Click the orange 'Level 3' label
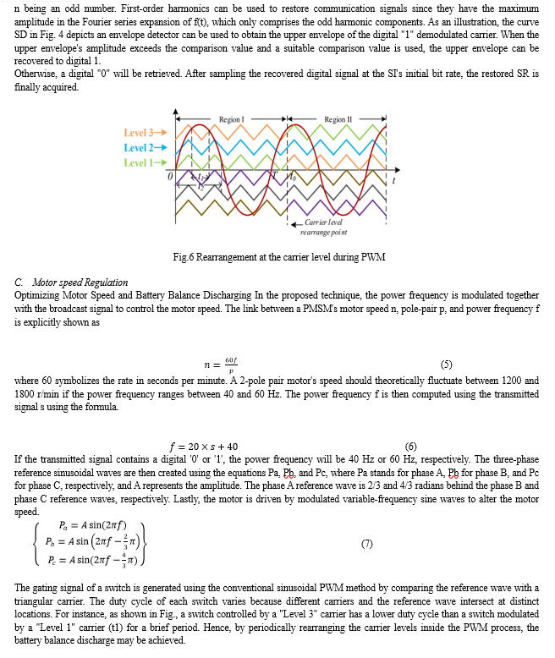pyautogui.click(x=145, y=132)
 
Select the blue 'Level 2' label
pyautogui.click(x=145, y=147)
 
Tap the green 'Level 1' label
pyautogui.click(x=145, y=162)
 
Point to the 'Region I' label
pyautogui.click(x=230, y=119)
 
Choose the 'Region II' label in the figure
pyautogui.click(x=336, y=119)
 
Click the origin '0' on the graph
pyautogui.click(x=169, y=175)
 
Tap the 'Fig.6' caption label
pyautogui.click(x=183, y=257)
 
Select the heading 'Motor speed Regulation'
pyautogui.click(x=80, y=282)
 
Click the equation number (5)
pyautogui.click(x=447, y=365)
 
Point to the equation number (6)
pyautogui.click(x=411, y=446)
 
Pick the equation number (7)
pyautogui.click(x=366, y=543)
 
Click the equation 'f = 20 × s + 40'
pyautogui.click(x=204, y=446)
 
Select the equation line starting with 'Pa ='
pyautogui.click(x=85, y=524)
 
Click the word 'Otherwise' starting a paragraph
pyautogui.click(x=36, y=73)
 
